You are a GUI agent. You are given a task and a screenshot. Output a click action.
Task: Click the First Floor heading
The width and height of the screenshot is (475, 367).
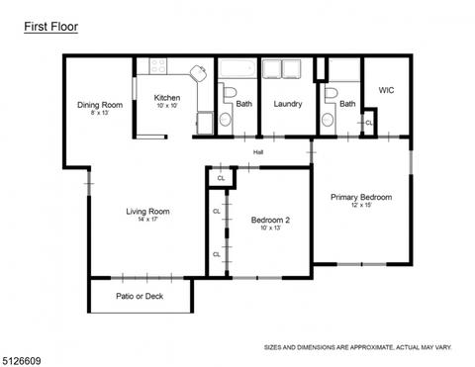50,27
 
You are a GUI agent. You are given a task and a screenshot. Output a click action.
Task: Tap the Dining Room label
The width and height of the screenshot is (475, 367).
100,105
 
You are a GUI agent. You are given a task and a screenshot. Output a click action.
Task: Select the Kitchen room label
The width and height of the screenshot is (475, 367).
167,98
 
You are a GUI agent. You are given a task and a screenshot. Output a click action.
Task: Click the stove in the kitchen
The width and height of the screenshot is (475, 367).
157,66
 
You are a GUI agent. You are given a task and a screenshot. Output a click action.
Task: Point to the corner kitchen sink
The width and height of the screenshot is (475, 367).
199,73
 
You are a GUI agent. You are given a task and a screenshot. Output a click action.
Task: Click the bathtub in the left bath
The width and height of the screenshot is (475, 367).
237,68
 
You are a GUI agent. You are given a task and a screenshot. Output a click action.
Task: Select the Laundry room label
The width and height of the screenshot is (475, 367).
288,104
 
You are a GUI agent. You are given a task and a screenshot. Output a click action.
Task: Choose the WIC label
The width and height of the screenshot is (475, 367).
386,90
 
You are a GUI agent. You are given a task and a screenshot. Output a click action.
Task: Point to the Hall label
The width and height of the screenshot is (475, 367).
258,152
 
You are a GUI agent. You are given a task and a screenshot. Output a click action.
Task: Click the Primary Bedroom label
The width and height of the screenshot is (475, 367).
361,197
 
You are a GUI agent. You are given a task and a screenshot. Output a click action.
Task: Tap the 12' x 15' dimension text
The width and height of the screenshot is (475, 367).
361,205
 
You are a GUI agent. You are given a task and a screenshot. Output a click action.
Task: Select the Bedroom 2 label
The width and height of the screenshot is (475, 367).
270,220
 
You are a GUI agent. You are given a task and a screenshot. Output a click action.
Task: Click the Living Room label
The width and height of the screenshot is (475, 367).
147,212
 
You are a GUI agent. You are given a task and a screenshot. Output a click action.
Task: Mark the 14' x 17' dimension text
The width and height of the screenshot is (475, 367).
148,220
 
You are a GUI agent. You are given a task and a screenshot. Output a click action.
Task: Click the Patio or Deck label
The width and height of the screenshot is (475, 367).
140,296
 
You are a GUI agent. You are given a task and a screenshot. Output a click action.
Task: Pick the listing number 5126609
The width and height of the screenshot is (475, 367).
21,361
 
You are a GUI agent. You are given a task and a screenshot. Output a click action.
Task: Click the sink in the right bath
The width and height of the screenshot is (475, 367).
328,120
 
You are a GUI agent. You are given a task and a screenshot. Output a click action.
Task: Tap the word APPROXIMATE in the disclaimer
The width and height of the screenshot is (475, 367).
371,347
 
